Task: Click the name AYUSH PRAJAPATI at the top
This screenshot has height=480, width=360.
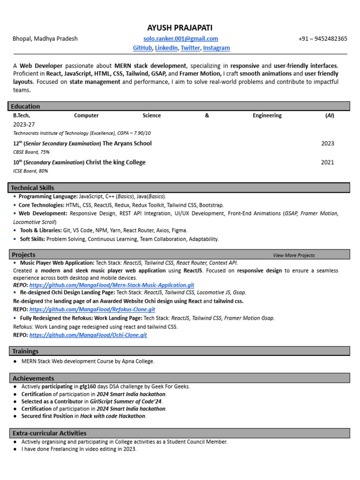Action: click(180, 28)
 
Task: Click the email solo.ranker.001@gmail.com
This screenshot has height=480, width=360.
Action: click(180, 39)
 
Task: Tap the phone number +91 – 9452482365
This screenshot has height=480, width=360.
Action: click(322, 39)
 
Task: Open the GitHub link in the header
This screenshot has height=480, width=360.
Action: click(142, 48)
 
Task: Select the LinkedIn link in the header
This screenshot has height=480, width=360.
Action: click(166, 48)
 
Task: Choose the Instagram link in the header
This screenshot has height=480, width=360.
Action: click(217, 48)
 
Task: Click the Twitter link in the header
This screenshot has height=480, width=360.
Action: click(190, 48)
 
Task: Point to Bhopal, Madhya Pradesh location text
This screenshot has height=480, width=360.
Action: click(45, 39)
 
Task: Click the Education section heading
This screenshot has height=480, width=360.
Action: click(25, 106)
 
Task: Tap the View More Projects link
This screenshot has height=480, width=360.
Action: click(294, 255)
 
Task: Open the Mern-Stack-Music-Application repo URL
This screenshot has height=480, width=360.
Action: click(112, 285)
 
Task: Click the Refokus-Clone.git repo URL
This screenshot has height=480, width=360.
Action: click(92, 309)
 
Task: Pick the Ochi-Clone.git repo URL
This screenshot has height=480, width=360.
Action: click(88, 335)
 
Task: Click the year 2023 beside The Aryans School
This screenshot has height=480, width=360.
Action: click(328, 143)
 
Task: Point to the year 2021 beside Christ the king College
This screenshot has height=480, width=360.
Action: click(328, 162)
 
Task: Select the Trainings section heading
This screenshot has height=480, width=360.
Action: click(25, 351)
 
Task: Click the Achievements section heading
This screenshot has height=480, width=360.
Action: click(33, 378)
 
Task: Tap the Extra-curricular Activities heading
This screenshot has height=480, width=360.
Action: click(49, 433)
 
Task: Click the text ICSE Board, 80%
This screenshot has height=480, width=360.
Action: click(30, 171)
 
